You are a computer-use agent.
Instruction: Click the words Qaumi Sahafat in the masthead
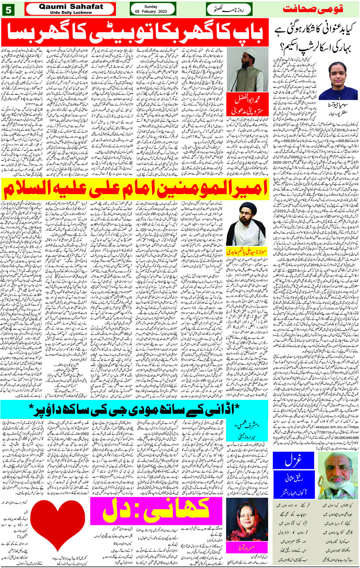click(x=71, y=7)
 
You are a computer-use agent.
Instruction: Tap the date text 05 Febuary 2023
click(x=151, y=11)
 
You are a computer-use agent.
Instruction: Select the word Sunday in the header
click(x=151, y=6)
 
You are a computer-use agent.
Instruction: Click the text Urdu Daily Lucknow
click(x=71, y=13)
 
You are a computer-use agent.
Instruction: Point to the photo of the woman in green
click(x=332, y=80)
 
